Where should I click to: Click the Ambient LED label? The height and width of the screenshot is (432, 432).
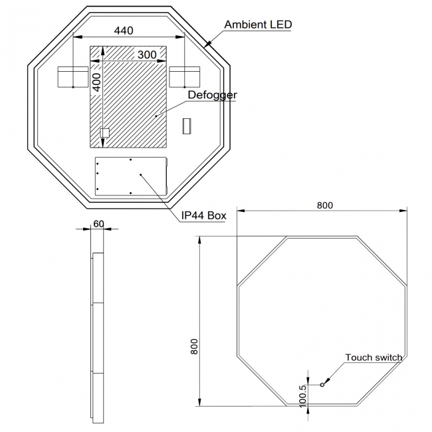[258, 25]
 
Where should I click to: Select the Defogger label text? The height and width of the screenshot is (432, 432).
[212, 95]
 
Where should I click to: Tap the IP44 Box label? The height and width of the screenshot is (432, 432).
[204, 215]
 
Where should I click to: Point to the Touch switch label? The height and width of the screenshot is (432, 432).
[374, 358]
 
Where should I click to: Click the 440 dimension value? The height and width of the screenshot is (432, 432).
[124, 30]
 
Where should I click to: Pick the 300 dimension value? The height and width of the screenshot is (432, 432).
[147, 54]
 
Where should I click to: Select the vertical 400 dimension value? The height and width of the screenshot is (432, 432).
[96, 82]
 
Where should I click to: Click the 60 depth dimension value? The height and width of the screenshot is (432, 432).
[98, 224]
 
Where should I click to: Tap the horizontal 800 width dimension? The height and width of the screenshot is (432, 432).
[324, 205]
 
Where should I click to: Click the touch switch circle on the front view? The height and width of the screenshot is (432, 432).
[322, 384]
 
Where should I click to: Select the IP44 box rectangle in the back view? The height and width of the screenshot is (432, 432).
[131, 175]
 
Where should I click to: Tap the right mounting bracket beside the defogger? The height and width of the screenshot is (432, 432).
[185, 77]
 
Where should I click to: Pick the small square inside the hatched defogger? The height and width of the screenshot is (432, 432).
[104, 133]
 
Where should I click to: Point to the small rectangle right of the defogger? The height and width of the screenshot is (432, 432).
[187, 126]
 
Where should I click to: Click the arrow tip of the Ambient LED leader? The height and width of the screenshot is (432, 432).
[208, 45]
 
